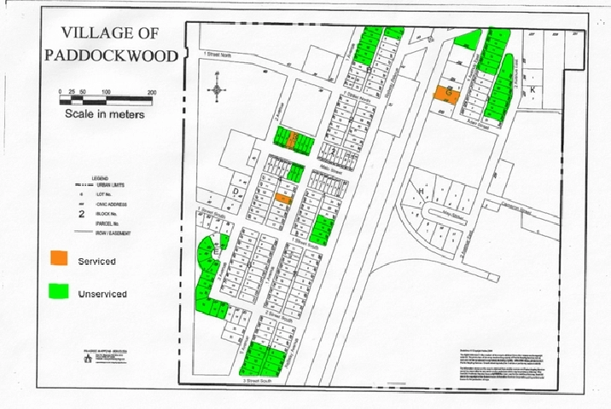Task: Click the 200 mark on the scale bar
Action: (x=151, y=92)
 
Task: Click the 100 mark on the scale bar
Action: (x=105, y=92)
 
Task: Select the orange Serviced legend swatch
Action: (x=59, y=256)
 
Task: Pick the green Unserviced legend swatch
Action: (x=59, y=291)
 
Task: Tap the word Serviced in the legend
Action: (x=96, y=261)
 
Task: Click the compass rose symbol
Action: (x=218, y=89)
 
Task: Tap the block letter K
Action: (x=533, y=89)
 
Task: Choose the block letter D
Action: (x=236, y=193)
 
